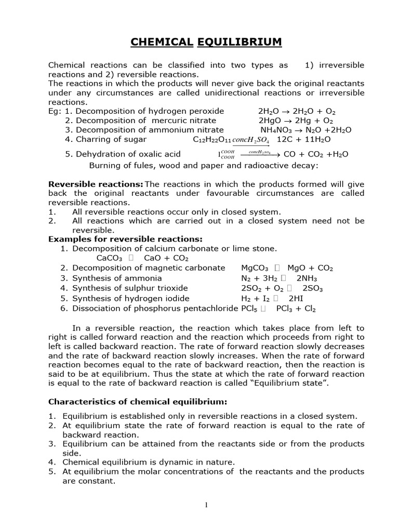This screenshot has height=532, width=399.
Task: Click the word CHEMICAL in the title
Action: pyautogui.click(x=161, y=42)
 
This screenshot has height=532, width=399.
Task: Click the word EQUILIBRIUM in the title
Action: pyautogui.click(x=240, y=42)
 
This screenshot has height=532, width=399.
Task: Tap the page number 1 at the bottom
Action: pyautogui.click(x=206, y=507)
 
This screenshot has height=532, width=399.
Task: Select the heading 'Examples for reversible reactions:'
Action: pyautogui.click(x=125, y=240)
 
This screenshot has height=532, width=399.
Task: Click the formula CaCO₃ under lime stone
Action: pyautogui.click(x=109, y=258)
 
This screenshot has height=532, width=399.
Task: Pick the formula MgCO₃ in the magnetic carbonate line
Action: pyautogui.click(x=255, y=268)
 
